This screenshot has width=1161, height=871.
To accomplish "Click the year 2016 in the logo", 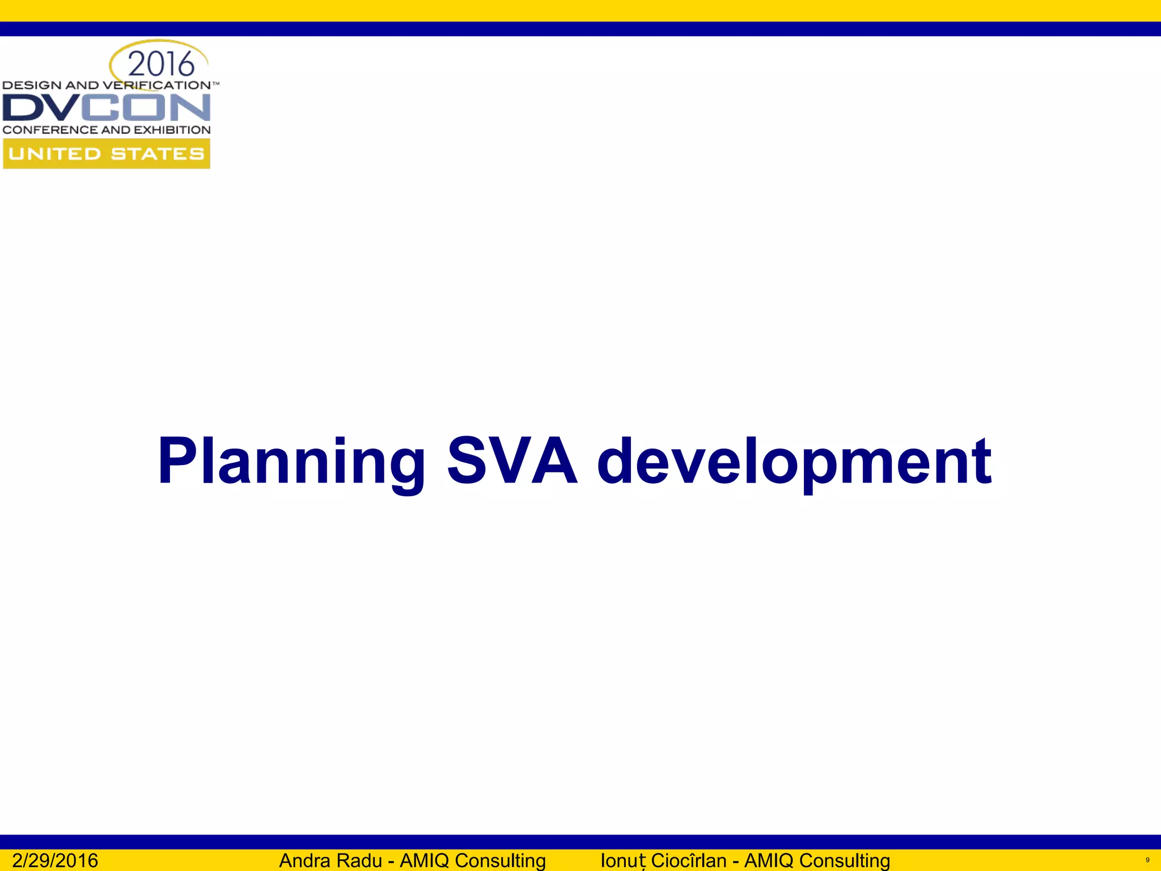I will coord(161,64).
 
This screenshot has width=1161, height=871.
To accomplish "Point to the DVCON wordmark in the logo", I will coord(107,108).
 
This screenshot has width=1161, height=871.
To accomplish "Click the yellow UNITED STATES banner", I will coord(107,154).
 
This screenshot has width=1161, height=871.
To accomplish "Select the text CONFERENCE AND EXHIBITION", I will coord(107,130).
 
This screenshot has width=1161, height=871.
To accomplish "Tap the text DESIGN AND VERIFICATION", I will coord(107,85).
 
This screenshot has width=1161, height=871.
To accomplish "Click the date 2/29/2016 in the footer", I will coord(55,860).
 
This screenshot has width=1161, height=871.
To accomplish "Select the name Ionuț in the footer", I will coord(623,860).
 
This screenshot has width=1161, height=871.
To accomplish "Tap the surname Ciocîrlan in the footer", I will coord(688,860).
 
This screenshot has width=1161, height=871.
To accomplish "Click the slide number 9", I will coord(1147,860).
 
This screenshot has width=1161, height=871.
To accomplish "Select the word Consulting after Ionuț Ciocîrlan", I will coord(845,860).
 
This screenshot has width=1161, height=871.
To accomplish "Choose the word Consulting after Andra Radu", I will coord(501,860).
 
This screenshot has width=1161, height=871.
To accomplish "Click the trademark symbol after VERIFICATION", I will coord(215,83).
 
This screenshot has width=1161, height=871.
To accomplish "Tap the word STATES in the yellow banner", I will coord(157,154).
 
